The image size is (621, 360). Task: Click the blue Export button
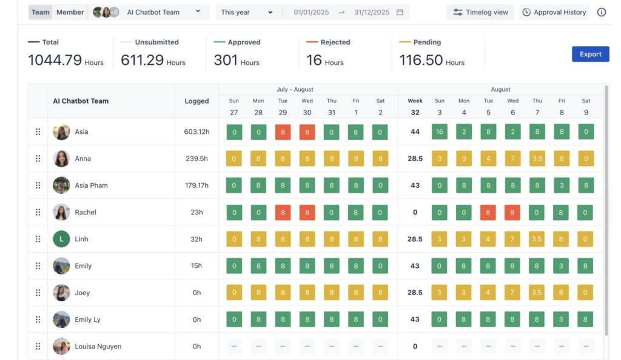click(590, 54)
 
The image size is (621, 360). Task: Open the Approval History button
click(554, 12)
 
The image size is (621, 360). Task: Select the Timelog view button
click(480, 12)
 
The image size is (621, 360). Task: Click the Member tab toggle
click(70, 12)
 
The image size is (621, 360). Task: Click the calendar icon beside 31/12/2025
click(400, 12)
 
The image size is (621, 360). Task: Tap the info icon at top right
click(602, 12)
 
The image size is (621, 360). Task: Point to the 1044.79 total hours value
click(55, 61)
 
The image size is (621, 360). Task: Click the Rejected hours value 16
click(314, 61)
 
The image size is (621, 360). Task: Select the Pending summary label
click(426, 42)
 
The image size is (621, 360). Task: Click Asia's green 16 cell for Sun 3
click(440, 132)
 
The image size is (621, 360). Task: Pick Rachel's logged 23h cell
click(196, 212)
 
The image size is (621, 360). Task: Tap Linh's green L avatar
click(61, 239)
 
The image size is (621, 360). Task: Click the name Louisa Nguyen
click(98, 347)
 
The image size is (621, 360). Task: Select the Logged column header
click(196, 101)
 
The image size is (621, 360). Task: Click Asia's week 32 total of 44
click(415, 132)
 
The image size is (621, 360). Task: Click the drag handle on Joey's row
click(38, 293)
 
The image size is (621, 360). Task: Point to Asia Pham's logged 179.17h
click(196, 185)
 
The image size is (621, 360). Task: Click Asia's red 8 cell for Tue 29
click(283, 132)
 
